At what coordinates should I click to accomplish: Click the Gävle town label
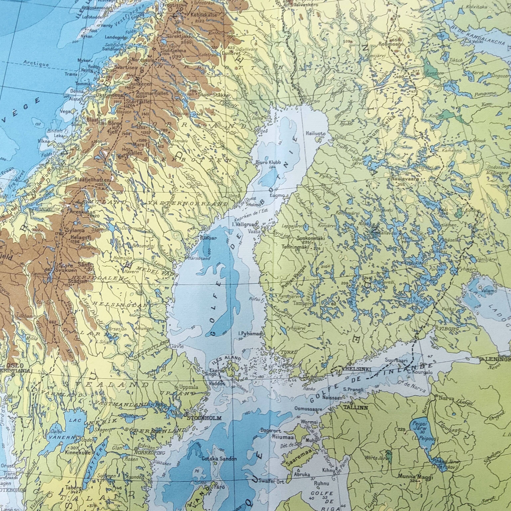pyautogui.click(x=176, y=346)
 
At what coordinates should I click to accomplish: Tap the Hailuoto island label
pyautogui.click(x=316, y=134)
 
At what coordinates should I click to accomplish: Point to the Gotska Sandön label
pyautogui.click(x=219, y=459)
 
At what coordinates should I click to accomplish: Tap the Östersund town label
pyautogui.click(x=133, y=228)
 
